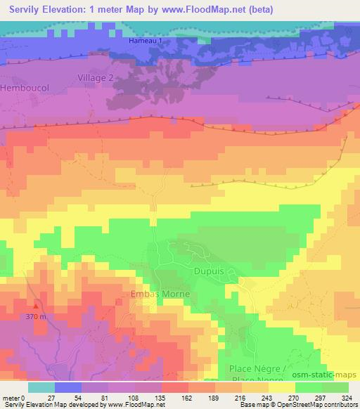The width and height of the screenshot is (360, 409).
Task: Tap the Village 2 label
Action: [x=95, y=77]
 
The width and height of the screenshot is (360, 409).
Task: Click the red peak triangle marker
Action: [x=36, y=306]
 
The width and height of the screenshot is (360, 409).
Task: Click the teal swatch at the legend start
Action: [x=41, y=387]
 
